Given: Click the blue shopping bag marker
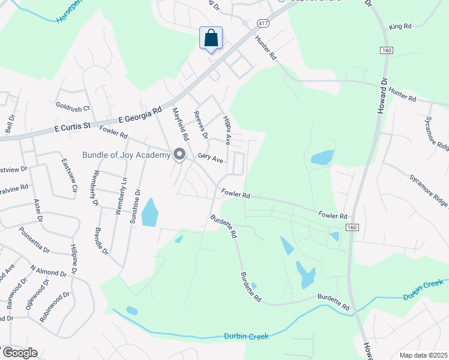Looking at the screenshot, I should pyautogui.click(x=211, y=38).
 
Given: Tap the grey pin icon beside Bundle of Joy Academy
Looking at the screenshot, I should pyautogui.click(x=179, y=155).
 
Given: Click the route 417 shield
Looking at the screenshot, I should pyautogui.click(x=262, y=23).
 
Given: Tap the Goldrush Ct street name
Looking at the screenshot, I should pyautogui.click(x=73, y=108).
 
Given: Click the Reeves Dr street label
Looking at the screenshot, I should pyautogui.click(x=200, y=122).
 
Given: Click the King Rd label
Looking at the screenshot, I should pyautogui.click(x=400, y=26).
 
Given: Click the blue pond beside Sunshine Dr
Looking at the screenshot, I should pyautogui.click(x=149, y=213).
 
